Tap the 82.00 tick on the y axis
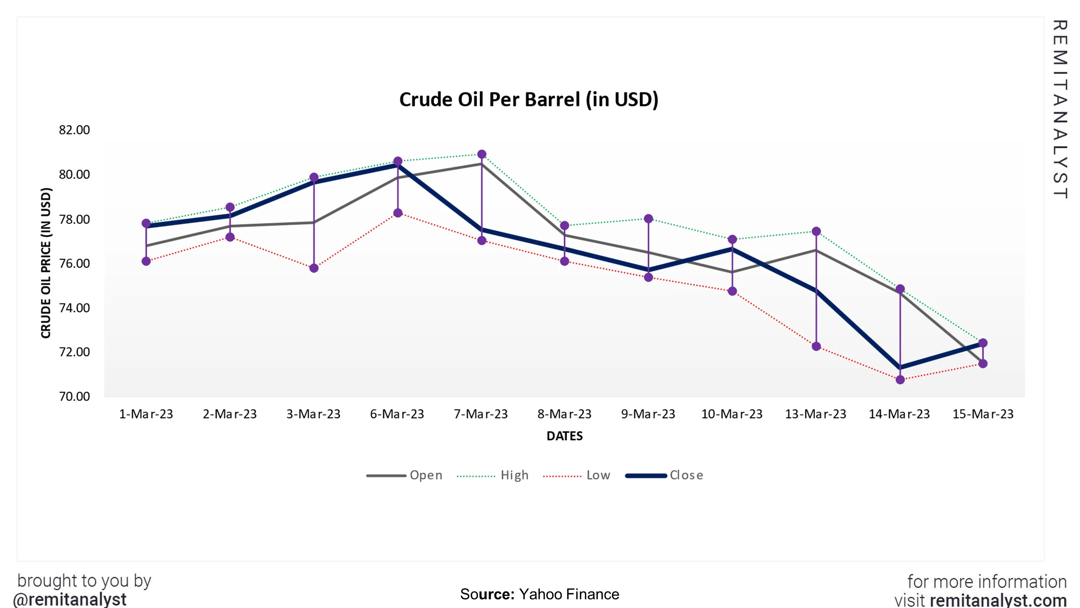[74, 130]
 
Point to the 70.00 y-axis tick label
[74, 397]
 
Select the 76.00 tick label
[74, 264]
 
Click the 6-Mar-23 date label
[397, 414]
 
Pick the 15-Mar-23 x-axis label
[983, 414]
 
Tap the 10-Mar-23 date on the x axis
[732, 414]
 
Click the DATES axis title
[564, 436]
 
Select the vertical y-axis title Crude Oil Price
[46, 263]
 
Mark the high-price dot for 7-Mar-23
[482, 155]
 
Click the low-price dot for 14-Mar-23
[900, 380]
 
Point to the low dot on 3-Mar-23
[314, 268]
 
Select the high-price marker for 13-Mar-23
[816, 231]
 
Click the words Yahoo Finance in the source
[569, 594]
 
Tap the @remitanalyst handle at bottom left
[69, 599]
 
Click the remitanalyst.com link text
[998, 600]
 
